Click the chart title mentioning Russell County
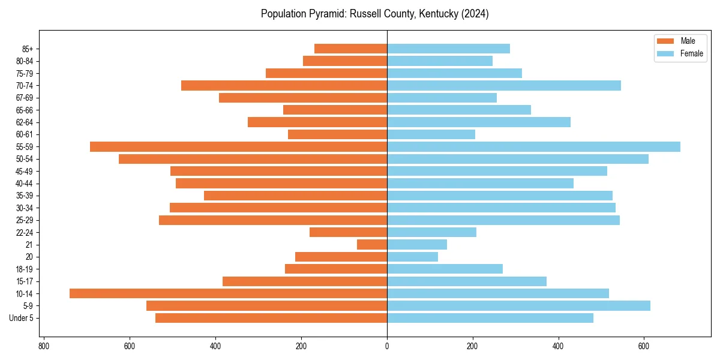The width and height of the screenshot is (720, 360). click(374, 14)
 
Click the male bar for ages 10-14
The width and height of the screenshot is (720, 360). click(228, 293)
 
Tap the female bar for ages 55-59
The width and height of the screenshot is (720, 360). click(533, 146)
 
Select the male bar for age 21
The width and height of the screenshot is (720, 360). click(372, 244)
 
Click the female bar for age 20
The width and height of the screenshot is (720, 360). click(412, 257)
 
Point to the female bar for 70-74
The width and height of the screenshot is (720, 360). click(504, 85)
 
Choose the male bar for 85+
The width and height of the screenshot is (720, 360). click(350, 49)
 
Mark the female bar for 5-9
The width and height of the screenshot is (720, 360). click(518, 305)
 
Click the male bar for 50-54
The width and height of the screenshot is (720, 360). click(253, 159)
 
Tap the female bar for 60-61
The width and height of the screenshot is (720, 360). click(431, 134)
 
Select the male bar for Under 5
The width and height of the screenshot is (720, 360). click(271, 318)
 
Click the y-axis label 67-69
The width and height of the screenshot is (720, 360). click(25, 98)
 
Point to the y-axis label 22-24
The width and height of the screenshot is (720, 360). click(25, 232)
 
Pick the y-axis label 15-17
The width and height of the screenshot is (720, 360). click(25, 281)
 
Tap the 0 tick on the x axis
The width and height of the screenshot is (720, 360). click(387, 346)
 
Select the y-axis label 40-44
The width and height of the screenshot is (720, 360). click(25, 184)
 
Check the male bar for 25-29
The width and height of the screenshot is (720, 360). click(273, 220)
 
